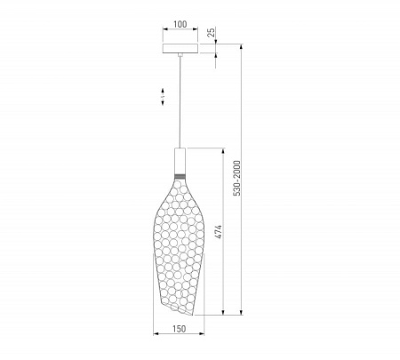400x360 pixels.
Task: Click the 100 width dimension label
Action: pyautogui.click(x=180, y=24)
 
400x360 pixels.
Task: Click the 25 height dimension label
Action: pyautogui.click(x=211, y=32)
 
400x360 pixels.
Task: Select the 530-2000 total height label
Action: pyautogui.click(x=237, y=178)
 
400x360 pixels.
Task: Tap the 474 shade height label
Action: pyautogui.click(x=218, y=232)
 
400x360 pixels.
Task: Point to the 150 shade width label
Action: pyautogui.click(x=180, y=329)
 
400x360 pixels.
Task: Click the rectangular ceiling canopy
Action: pyautogui.click(x=180, y=49)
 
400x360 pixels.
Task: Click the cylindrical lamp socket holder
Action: pyautogui.click(x=180, y=161)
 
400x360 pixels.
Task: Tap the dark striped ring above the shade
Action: pyautogui.click(x=180, y=177)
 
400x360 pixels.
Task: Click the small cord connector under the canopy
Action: pyautogui.click(x=180, y=55)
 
